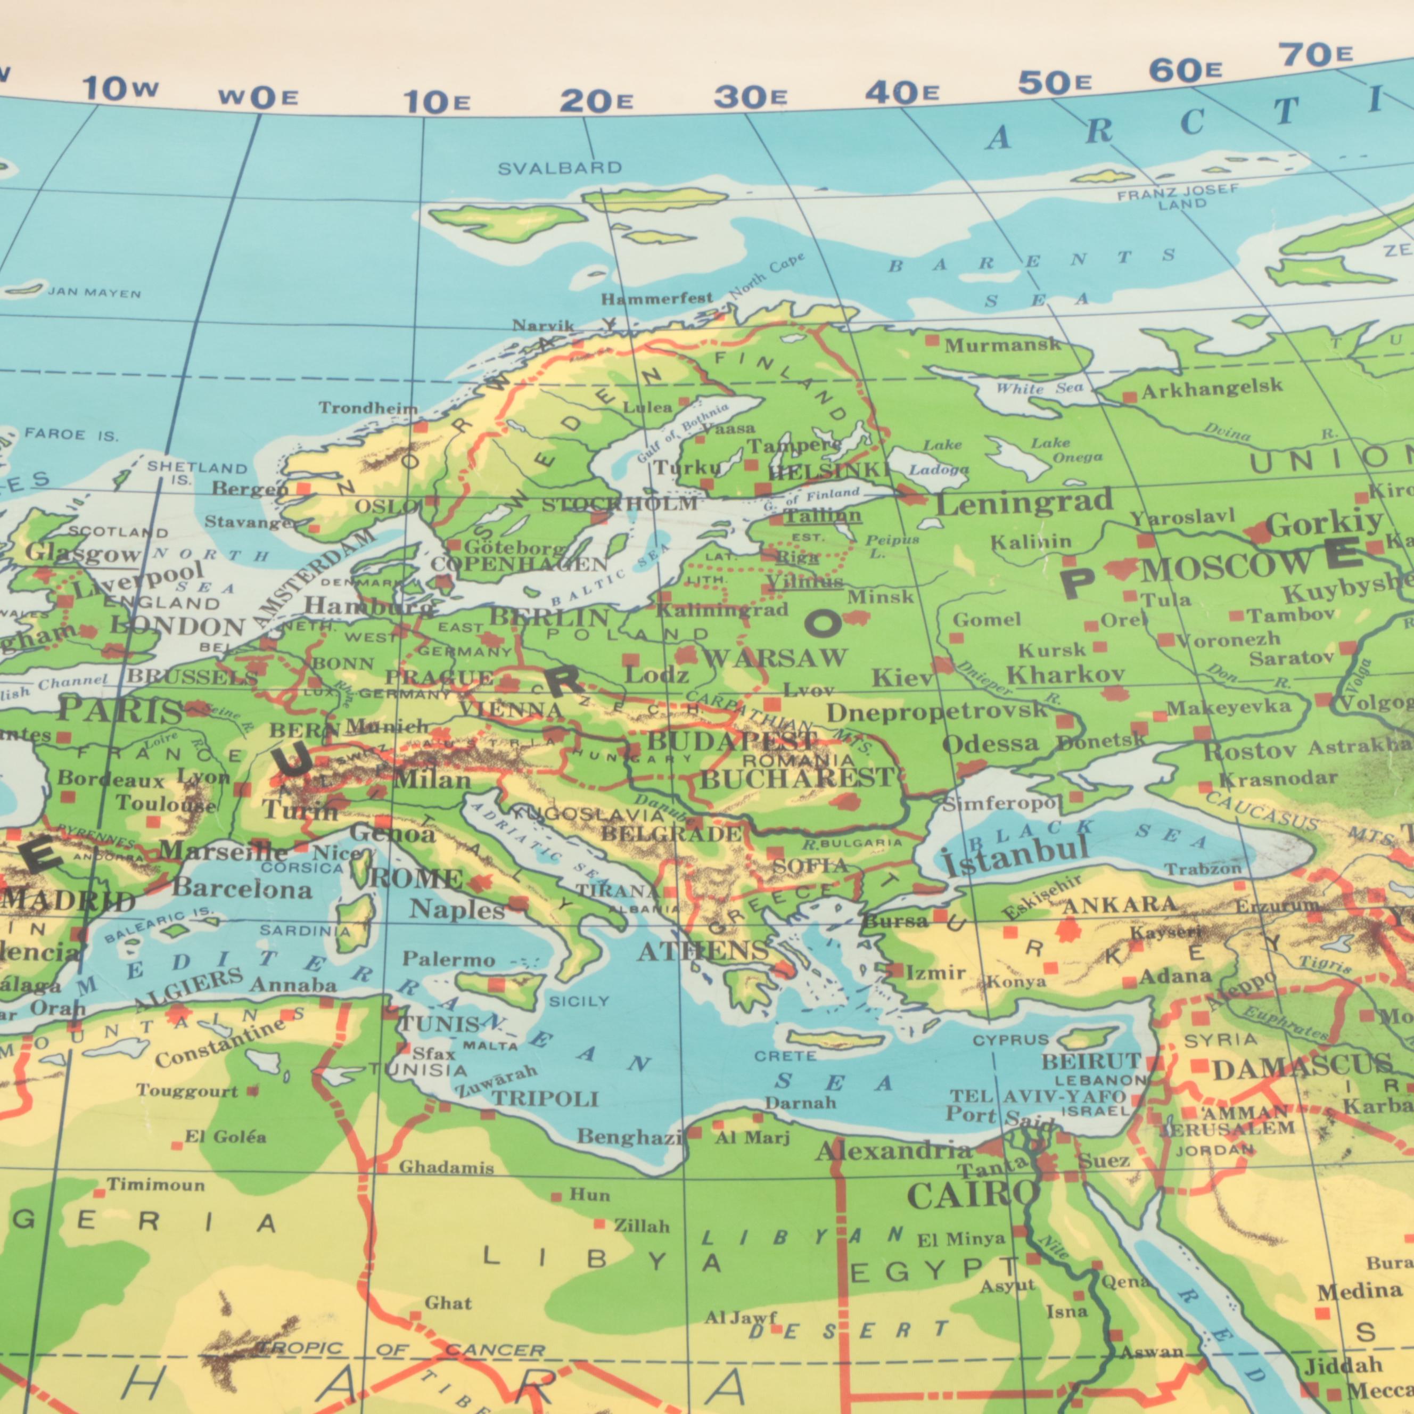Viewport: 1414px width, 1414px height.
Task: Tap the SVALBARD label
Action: pyautogui.click(x=560, y=168)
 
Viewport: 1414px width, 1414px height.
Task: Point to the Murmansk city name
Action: pyautogui.click(x=1002, y=345)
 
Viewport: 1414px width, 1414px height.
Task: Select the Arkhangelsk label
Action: pyautogui.click(x=1211, y=389)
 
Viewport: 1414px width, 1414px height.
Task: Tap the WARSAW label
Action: pyautogui.click(x=774, y=658)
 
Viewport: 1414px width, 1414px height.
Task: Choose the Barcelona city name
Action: pyautogui.click(x=242, y=889)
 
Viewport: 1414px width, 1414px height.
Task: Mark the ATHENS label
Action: pyautogui.click(x=703, y=951)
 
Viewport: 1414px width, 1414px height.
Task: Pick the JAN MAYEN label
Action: pyautogui.click(x=94, y=293)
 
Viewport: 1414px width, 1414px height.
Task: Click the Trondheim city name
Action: pyautogui.click(x=368, y=408)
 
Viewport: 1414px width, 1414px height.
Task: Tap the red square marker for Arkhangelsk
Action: pyautogui.click(x=1129, y=397)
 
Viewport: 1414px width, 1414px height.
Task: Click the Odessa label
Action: pyautogui.click(x=990, y=745)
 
